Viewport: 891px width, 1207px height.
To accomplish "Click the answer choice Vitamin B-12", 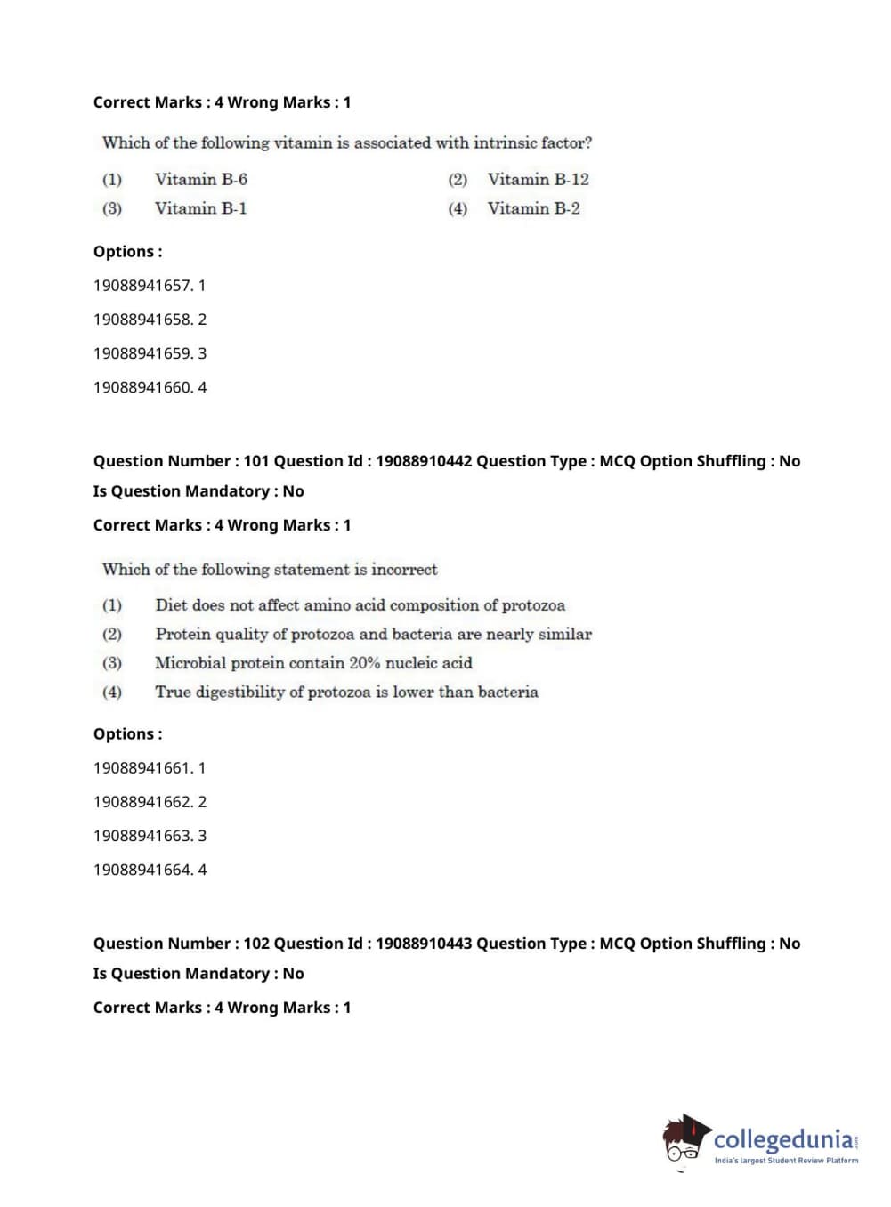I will coord(538,180).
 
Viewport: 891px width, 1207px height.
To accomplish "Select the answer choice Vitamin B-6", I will coord(200,180).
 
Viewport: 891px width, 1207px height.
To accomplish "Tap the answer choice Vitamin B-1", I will coord(200,208).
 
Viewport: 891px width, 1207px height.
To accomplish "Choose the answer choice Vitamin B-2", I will coord(533,208).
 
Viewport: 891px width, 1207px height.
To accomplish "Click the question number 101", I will coord(255,461).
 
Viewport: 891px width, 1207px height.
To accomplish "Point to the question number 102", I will coord(255,944).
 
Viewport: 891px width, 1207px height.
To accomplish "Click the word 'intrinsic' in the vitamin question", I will coord(505,142).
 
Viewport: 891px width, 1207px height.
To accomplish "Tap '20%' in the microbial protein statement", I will coord(364,663).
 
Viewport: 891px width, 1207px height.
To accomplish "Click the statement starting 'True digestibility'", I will coord(346,692).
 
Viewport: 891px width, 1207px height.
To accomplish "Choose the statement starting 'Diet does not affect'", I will coord(360,605).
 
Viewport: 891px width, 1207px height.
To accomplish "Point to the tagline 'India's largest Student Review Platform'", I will coord(786,1161).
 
